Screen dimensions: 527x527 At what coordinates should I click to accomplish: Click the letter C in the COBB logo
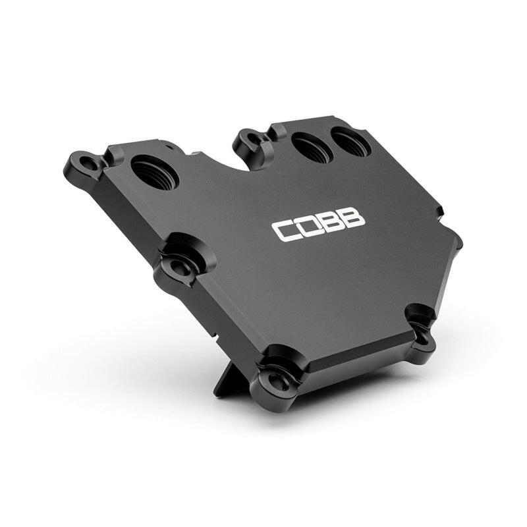click(x=285, y=231)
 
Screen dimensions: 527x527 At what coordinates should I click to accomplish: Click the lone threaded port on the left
click(x=154, y=172)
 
